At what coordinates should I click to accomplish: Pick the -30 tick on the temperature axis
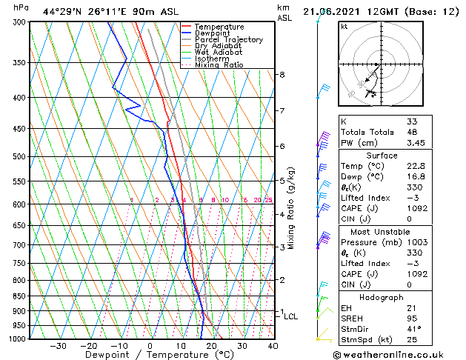58,346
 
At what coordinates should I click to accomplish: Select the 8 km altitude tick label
282,75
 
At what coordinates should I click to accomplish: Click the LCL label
291,316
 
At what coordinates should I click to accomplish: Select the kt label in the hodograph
344,27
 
